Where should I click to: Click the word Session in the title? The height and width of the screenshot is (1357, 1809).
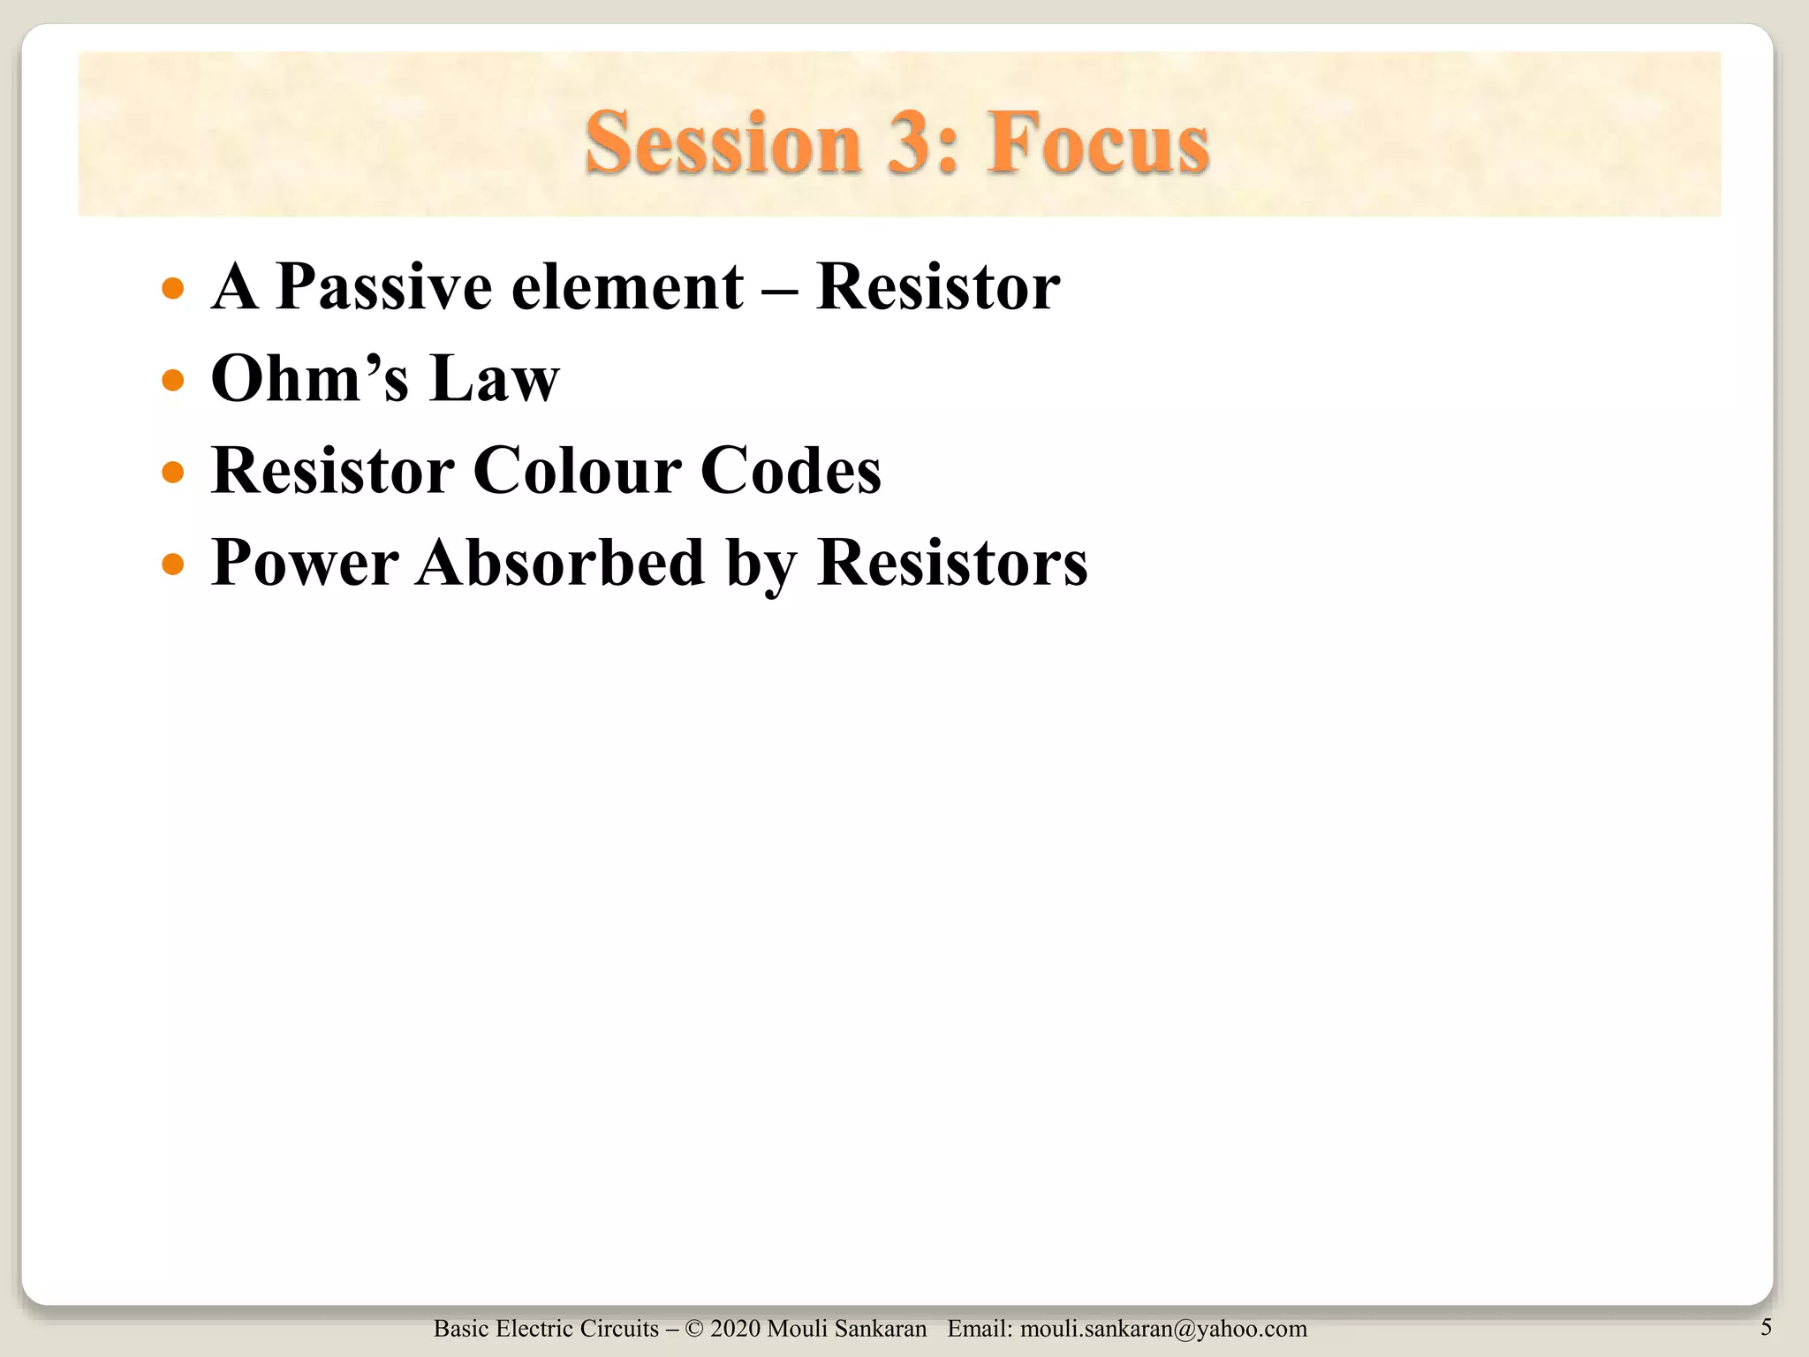pos(723,143)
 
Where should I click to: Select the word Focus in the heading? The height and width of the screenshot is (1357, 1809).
pos(1098,143)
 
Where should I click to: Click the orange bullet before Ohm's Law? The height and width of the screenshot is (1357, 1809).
pos(173,381)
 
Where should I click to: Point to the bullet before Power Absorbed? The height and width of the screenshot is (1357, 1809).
pos(173,564)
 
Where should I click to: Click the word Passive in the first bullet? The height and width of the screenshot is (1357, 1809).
pos(383,287)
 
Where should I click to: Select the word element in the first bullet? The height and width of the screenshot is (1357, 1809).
pos(627,287)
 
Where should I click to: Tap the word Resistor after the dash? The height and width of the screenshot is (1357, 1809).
pos(937,287)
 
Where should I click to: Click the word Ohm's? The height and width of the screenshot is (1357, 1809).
pos(310,379)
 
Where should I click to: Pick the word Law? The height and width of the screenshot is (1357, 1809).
pos(495,379)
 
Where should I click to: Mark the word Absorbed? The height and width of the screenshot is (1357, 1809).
pos(562,563)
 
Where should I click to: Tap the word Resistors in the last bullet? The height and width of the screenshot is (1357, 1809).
pos(952,563)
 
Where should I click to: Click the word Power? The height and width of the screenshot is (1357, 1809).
pos(305,563)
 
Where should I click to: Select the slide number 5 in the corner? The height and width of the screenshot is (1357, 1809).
pos(1766,1327)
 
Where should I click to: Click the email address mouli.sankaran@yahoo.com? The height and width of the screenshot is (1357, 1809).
pos(1163,1329)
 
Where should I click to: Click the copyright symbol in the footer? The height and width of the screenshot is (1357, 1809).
pos(693,1329)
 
